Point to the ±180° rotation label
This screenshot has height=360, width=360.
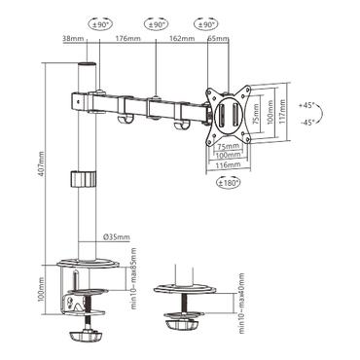(229, 182)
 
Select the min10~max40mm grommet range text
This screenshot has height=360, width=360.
(246, 289)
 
